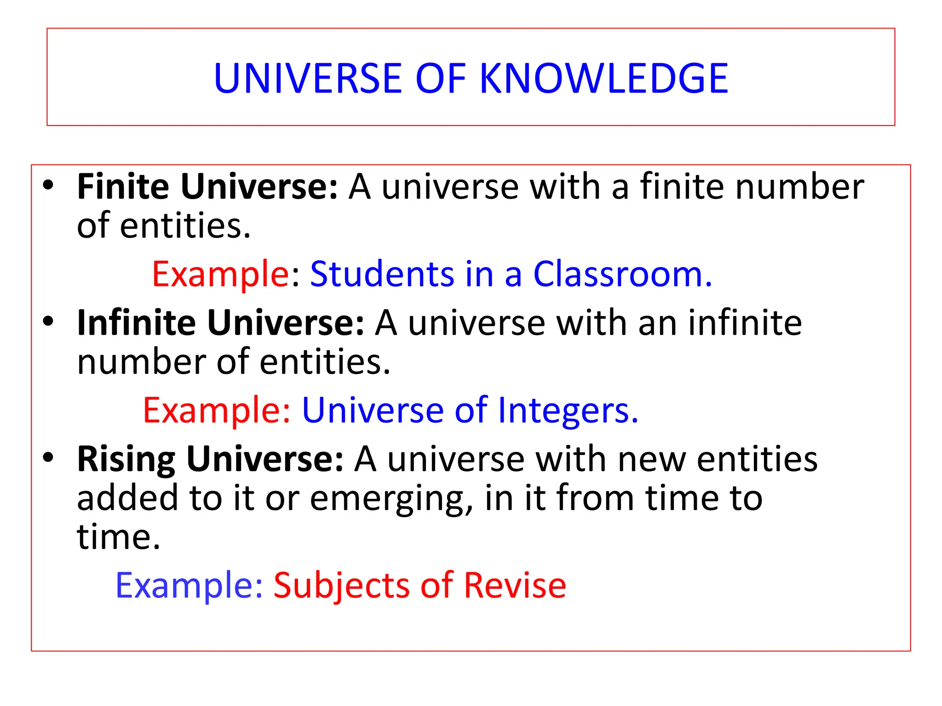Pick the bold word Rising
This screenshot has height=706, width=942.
(126, 459)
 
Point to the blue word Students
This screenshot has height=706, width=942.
(382, 274)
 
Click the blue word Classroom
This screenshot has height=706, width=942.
(622, 274)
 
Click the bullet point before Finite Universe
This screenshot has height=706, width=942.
(48, 186)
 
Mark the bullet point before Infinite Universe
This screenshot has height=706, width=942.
(48, 321)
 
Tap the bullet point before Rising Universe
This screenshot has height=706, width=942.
(48, 457)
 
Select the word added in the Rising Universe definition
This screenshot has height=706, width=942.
(127, 498)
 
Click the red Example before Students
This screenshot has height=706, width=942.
(220, 274)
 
